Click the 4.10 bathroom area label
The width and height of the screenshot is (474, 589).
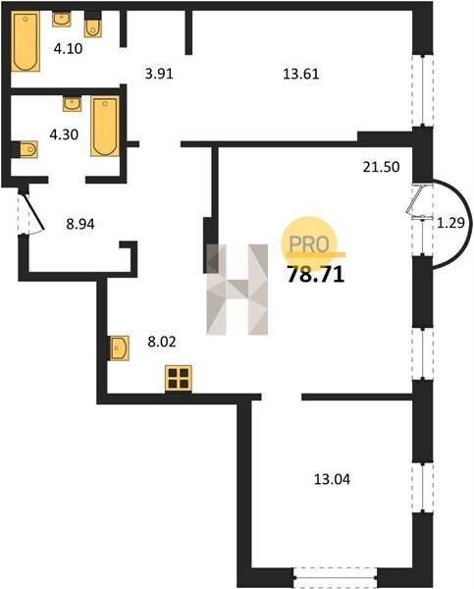68,48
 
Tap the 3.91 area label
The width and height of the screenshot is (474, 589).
159,74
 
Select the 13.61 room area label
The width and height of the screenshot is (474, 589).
301,74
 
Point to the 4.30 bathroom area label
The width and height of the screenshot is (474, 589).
64,134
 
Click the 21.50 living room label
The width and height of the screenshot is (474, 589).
381,167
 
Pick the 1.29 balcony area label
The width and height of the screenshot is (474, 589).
450,223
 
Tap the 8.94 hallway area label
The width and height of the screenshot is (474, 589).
80,224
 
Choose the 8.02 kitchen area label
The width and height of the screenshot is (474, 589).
162,342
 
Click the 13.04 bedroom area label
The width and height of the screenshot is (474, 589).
332,479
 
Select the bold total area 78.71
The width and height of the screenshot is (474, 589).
316,275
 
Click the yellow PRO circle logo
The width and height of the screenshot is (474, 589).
309,241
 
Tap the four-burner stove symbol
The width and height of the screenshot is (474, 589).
179,378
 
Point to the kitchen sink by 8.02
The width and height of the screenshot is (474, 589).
120,348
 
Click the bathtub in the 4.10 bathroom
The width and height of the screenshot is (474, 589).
26,41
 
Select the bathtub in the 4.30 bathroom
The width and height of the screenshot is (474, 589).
105,127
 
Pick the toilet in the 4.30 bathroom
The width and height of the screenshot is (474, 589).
27,150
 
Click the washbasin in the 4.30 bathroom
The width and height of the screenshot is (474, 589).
72,104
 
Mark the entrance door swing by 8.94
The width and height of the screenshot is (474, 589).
33,213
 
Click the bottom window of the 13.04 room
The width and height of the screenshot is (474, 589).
335,579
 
